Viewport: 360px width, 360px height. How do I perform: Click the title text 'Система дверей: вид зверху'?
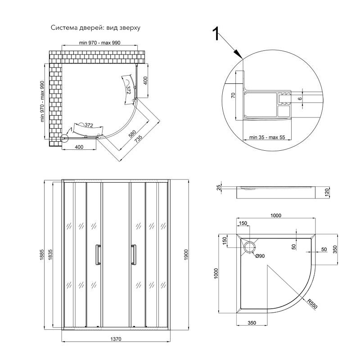95,28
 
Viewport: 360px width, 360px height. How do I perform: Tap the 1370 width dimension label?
116,339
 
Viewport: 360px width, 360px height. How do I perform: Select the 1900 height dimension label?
186,255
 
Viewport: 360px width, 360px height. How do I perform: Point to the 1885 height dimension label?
41,255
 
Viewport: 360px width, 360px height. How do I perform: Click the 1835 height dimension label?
50,255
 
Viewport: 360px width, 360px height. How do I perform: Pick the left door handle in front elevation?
98,255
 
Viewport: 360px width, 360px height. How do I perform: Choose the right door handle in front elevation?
134,255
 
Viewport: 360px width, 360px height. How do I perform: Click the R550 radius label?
312,303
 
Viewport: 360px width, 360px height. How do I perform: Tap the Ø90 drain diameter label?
260,256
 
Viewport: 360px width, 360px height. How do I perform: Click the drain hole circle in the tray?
250,247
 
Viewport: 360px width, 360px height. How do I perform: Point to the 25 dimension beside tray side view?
219,188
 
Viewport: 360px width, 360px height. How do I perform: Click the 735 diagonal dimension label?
139,139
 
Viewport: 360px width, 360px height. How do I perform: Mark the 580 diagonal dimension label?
132,134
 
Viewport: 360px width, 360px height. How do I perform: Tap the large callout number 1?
216,34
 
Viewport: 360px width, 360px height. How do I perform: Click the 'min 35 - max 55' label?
267,137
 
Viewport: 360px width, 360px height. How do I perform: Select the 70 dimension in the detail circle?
233,95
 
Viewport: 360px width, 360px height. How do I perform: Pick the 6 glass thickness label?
300,99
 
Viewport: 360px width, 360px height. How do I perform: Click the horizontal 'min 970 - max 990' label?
99,43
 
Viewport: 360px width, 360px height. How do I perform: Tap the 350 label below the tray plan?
252,323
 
